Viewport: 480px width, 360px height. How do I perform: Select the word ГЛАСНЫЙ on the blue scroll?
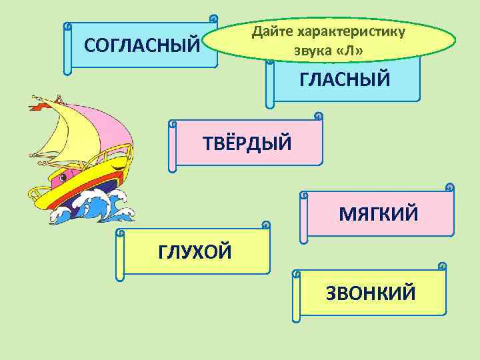[345, 80]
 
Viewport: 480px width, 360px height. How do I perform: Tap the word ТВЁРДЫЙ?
[247, 142]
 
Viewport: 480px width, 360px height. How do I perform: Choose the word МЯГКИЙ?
[379, 214]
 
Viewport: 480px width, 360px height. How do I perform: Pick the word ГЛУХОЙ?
[195, 252]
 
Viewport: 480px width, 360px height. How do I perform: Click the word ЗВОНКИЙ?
[371, 293]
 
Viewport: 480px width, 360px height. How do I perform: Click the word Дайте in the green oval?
[273, 31]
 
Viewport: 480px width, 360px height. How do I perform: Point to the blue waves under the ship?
[100, 207]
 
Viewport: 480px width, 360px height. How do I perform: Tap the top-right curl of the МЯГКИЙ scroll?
[450, 187]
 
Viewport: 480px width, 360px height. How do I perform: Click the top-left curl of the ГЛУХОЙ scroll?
[120, 233]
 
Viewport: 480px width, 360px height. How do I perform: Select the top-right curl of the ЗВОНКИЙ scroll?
[442, 266]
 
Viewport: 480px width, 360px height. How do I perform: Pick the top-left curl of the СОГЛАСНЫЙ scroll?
[67, 27]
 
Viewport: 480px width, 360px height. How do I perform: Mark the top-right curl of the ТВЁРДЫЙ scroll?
[318, 117]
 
